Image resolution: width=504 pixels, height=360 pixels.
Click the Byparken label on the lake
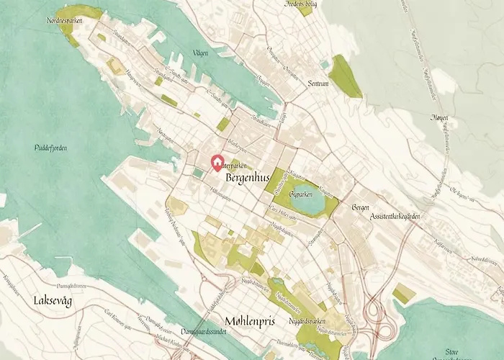303,194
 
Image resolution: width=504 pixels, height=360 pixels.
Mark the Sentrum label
317,84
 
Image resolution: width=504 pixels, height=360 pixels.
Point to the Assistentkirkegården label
394,216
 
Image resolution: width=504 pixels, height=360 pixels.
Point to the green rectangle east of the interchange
404,293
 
